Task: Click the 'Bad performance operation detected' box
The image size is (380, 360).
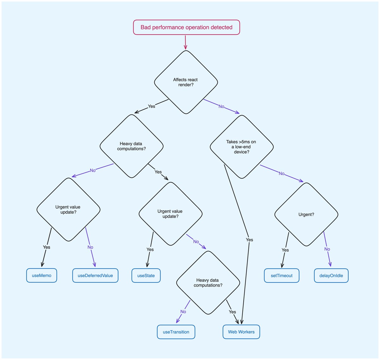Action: (x=186, y=27)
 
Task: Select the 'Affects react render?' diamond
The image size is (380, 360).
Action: (x=186, y=82)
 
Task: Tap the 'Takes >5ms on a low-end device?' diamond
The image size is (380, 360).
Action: (x=242, y=147)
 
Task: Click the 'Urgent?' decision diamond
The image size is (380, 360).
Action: (x=306, y=214)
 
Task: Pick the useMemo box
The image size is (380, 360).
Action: (x=41, y=276)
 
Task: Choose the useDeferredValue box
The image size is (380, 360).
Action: (x=95, y=276)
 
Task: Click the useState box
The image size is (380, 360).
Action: (x=146, y=276)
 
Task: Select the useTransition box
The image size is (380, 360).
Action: (x=176, y=332)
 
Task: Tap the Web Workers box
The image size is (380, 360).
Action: (x=241, y=332)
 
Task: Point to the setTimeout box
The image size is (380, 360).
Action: (x=282, y=276)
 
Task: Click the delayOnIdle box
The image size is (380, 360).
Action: (x=331, y=276)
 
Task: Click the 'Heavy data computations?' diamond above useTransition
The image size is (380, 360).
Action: (x=208, y=283)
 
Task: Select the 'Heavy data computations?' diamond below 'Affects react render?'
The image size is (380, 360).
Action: (x=131, y=146)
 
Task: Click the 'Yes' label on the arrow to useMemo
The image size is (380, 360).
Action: (x=47, y=247)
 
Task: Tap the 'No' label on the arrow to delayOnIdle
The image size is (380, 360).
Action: (x=327, y=249)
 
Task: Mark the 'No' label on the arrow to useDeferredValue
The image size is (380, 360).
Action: (x=90, y=247)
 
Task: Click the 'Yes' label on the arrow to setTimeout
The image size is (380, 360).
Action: (x=285, y=250)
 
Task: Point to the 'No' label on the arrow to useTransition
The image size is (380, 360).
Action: (x=183, y=312)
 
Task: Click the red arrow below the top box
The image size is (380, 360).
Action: (x=185, y=42)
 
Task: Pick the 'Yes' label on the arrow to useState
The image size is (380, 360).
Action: (x=150, y=249)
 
